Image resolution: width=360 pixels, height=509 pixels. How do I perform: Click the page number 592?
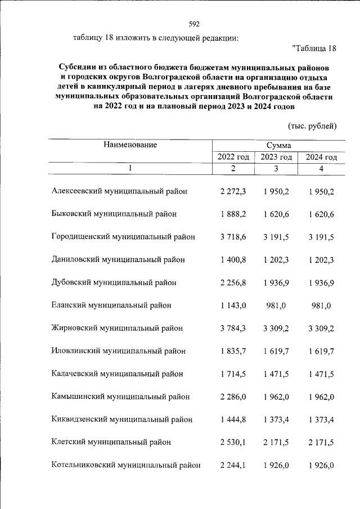click(x=194, y=24)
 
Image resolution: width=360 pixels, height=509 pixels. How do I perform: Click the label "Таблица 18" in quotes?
click(x=314, y=48)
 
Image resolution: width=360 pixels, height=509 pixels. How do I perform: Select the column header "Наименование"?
click(x=130, y=145)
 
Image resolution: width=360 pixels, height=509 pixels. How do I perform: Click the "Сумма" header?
click(x=276, y=146)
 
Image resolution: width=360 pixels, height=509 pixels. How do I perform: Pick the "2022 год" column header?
click(x=233, y=157)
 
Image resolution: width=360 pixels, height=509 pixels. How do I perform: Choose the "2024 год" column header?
click(x=321, y=157)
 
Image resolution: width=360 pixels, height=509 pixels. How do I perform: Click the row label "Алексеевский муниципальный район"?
click(x=119, y=191)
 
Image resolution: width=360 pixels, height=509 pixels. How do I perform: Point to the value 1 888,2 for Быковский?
click(x=233, y=214)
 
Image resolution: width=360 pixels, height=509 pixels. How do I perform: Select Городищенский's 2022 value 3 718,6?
click(x=233, y=237)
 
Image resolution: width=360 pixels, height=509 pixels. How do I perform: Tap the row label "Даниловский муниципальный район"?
click(x=118, y=260)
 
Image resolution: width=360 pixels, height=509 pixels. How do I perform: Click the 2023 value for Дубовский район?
click(x=276, y=282)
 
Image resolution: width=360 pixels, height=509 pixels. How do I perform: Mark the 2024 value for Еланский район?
click(x=321, y=305)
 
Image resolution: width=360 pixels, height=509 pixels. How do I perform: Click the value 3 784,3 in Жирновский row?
click(x=233, y=328)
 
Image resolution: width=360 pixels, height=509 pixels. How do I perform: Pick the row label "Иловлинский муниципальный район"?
click(x=118, y=351)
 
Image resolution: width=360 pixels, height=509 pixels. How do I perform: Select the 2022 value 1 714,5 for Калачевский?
click(x=233, y=373)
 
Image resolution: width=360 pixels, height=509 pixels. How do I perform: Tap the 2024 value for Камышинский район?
click(x=321, y=397)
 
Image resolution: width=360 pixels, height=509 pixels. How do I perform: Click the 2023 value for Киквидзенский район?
click(x=276, y=419)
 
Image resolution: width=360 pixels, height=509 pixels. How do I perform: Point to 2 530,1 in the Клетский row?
click(x=233, y=442)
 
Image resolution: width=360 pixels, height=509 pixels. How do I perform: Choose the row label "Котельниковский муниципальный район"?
click(x=125, y=465)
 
